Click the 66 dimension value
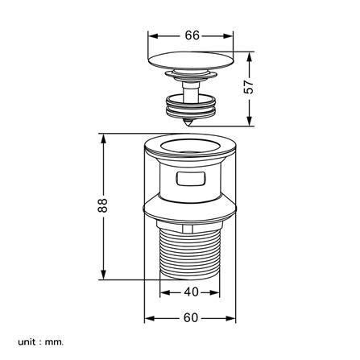pos(192,35)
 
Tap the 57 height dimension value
pos(249,87)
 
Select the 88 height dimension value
pos(102,205)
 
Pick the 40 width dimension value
pos(191,292)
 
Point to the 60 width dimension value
pos(191,318)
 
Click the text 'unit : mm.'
pos(41,342)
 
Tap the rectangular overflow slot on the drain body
pos(191,179)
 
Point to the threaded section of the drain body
pos(190,252)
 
